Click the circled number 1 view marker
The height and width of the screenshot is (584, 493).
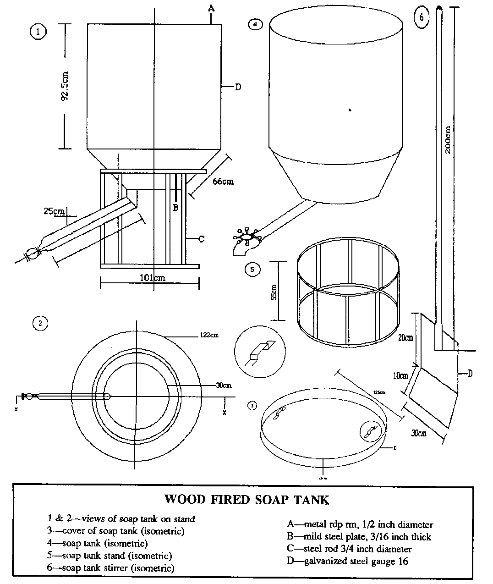tap(38, 32)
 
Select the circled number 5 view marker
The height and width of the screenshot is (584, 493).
tap(252, 270)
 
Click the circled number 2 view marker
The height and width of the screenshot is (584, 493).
tap(40, 323)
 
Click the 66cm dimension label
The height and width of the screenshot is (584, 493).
tap(223, 182)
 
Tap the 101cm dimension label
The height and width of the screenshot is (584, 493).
tap(152, 278)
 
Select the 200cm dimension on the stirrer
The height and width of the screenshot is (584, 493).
tap(448, 139)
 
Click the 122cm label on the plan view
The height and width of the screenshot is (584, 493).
tap(209, 335)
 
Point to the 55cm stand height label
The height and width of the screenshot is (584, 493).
tap(274, 292)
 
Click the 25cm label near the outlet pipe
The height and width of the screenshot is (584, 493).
tap(54, 211)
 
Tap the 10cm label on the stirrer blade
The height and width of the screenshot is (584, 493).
tap(400, 376)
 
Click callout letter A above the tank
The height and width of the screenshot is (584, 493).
tap(211, 8)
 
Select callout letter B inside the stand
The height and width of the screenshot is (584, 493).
tap(175, 207)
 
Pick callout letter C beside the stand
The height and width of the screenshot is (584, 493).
tap(201, 238)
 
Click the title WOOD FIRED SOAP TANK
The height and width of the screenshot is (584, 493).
tap(246, 499)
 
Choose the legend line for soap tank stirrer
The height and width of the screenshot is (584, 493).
tap(111, 568)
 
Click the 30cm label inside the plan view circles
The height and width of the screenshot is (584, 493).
tap(223, 386)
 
